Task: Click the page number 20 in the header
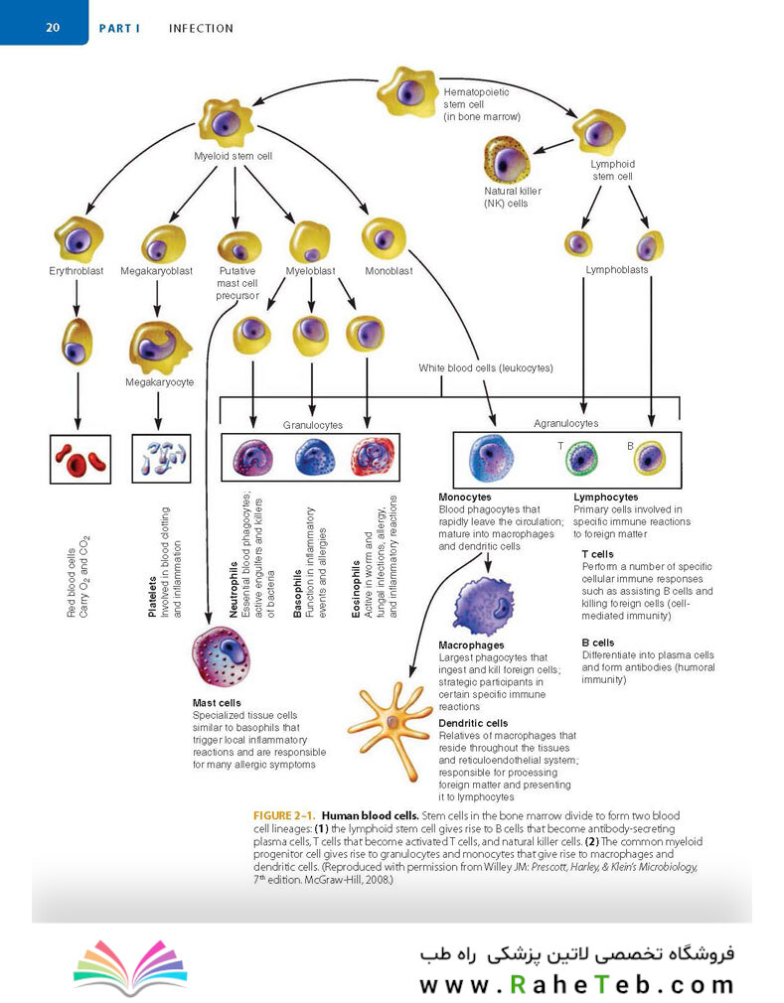[53, 28]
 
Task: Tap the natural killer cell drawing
[506, 159]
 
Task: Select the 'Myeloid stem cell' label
[233, 156]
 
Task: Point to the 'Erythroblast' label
[77, 270]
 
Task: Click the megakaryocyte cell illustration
[159, 348]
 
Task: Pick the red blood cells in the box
[80, 459]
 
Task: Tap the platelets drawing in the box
[161, 458]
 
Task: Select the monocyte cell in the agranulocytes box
[491, 458]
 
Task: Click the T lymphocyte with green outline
[581, 459]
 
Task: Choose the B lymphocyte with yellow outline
[649, 459]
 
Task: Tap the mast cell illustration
[222, 657]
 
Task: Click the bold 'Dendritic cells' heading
[473, 723]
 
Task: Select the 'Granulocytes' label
[312, 425]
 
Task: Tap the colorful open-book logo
[130, 966]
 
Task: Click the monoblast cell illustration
[384, 239]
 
